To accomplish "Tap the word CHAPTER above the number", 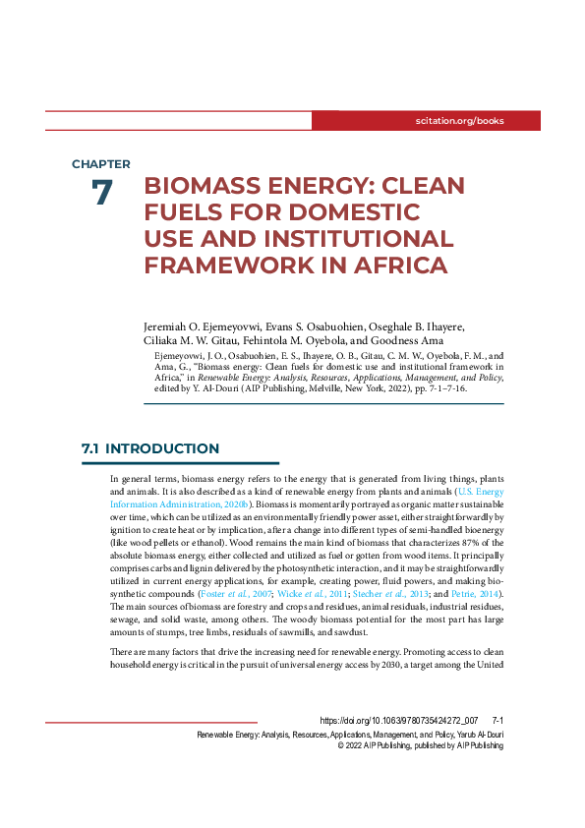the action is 100,164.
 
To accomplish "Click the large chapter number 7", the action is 101,193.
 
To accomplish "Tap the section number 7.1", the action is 89,448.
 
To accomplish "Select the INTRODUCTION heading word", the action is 162,448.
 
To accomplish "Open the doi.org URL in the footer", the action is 399,721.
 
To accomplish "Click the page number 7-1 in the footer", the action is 497,721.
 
